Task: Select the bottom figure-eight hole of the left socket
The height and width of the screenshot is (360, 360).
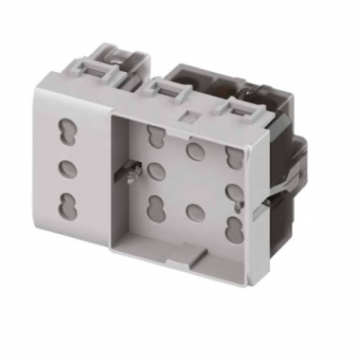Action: point(67,205)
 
